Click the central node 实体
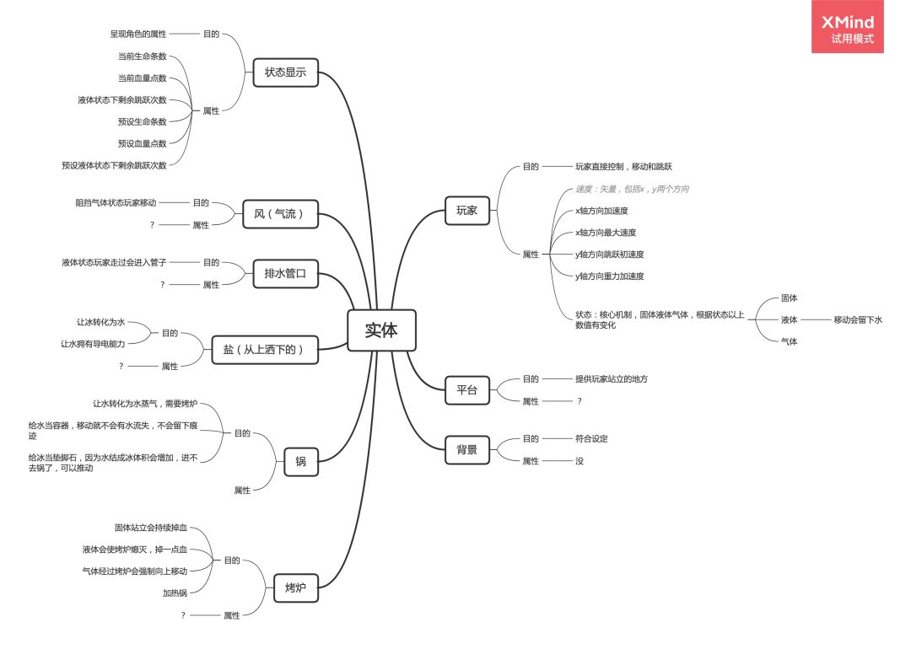coord(381,330)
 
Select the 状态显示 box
coord(285,72)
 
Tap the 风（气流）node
coord(279,214)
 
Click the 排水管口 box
coord(285,273)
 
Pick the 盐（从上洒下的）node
coord(265,349)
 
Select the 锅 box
coord(300,461)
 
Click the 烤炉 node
coord(295,587)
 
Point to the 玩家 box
coord(466,211)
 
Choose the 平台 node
coord(466,389)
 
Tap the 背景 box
coord(466,450)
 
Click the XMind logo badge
coord(847,28)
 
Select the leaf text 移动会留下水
coord(858,319)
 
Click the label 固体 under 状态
coord(789,298)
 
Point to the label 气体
coord(789,341)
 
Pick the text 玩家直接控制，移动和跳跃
coord(623,167)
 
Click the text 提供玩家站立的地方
coord(612,379)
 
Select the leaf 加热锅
coord(175,593)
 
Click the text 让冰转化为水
coord(100,322)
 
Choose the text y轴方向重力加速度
coord(609,276)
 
